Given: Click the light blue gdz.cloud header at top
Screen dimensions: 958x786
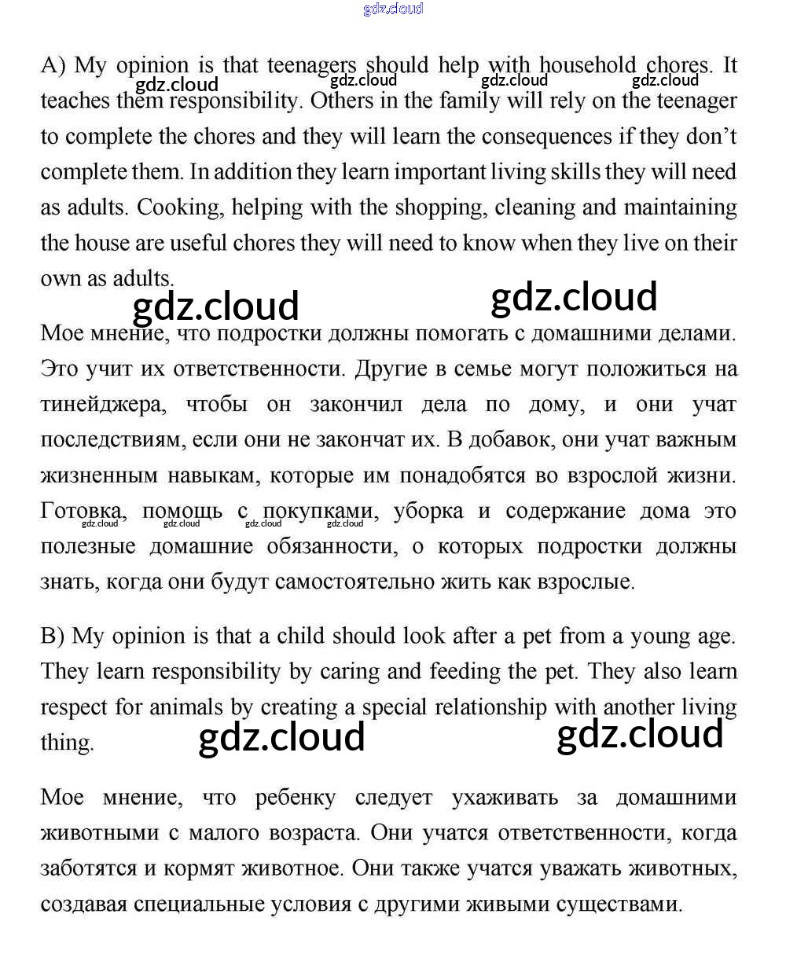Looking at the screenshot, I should (x=393, y=9).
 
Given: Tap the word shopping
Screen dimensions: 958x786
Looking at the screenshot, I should (x=439, y=207).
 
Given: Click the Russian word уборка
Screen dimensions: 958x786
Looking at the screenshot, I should (x=428, y=511).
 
